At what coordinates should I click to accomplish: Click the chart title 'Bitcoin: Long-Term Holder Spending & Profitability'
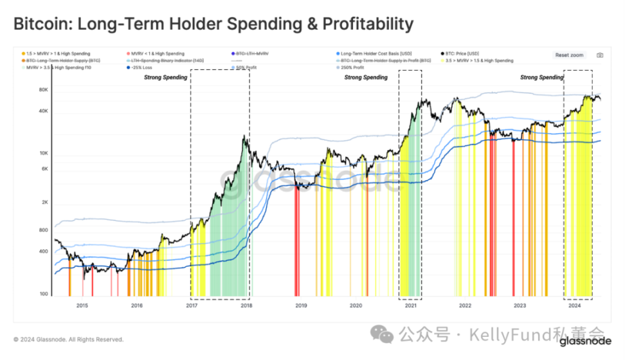pyautogui.click(x=213, y=24)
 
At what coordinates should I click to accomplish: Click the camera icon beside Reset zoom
pyautogui.click(x=599, y=55)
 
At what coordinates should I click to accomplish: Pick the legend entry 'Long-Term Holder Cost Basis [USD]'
pyautogui.click(x=374, y=53)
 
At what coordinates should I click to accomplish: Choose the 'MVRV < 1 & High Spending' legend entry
pyautogui.click(x=158, y=53)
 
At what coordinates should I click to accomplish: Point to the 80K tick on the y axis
pyautogui.click(x=43, y=89)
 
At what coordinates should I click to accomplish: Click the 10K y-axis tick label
pyautogui.click(x=43, y=154)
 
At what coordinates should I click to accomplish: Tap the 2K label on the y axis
pyautogui.click(x=44, y=202)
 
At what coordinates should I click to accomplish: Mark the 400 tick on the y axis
pyautogui.click(x=44, y=251)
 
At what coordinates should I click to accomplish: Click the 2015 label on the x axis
pyautogui.click(x=82, y=305)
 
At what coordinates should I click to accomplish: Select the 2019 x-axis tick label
pyautogui.click(x=301, y=305)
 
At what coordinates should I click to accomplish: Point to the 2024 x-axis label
pyautogui.click(x=574, y=305)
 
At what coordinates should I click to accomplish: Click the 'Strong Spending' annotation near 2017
pyautogui.click(x=165, y=78)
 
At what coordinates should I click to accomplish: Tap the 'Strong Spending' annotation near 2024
pyautogui.click(x=541, y=78)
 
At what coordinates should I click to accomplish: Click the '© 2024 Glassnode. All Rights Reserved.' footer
pyautogui.click(x=68, y=339)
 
